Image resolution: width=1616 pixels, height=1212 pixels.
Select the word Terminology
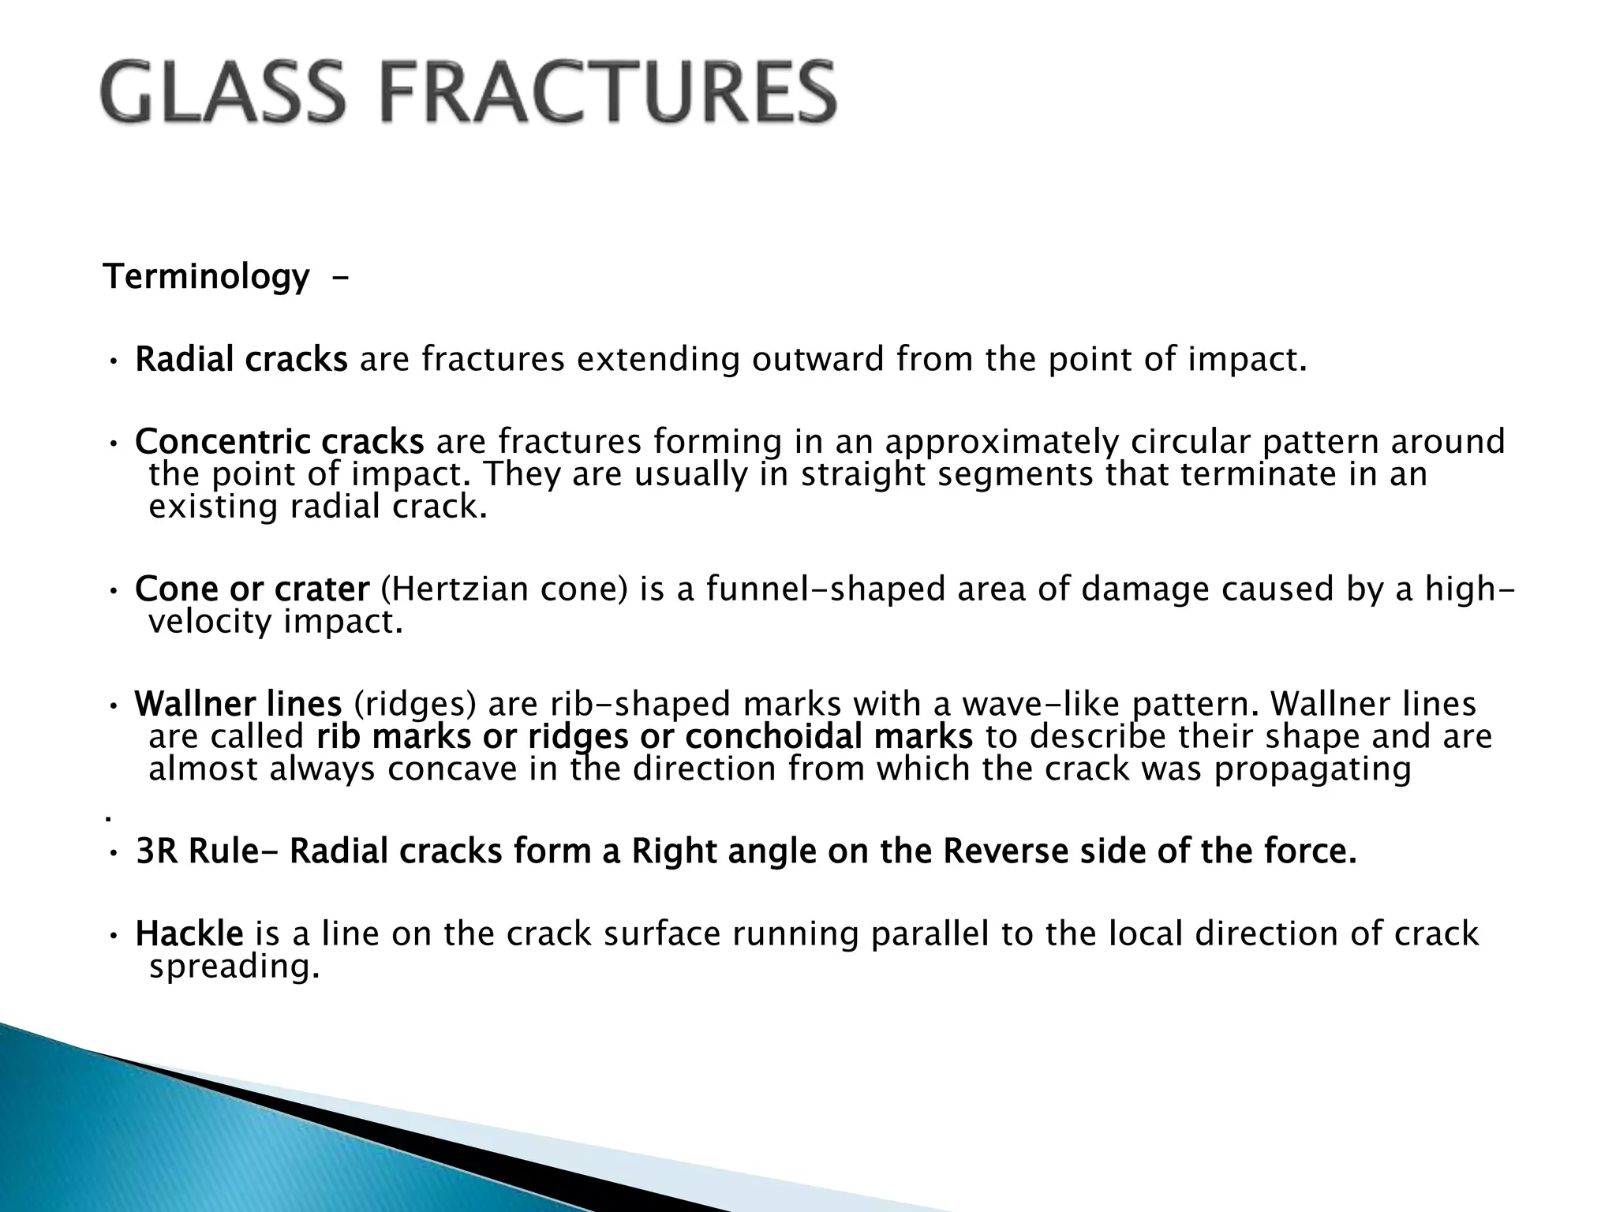(x=207, y=277)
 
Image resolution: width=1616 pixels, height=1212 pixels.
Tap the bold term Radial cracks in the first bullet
(x=241, y=360)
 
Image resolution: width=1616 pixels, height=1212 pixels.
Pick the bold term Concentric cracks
(x=279, y=442)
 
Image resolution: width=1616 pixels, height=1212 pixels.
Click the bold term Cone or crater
(x=252, y=589)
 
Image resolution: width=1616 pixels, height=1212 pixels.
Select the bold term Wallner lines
(x=238, y=704)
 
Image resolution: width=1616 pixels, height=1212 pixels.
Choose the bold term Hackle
(x=189, y=934)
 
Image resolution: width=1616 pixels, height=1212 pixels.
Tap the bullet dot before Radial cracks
(x=114, y=362)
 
